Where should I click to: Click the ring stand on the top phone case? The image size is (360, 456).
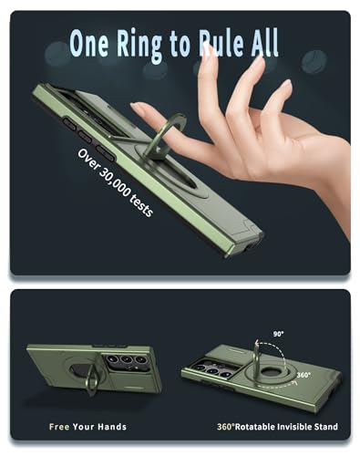[166, 134]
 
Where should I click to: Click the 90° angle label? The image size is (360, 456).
[278, 334]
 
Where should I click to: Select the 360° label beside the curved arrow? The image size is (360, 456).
[303, 375]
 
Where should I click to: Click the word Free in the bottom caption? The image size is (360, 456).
[59, 427]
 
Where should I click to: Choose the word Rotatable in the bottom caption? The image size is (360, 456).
[254, 427]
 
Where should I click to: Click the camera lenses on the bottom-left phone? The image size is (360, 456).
[127, 359]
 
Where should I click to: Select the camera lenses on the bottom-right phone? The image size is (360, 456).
[211, 369]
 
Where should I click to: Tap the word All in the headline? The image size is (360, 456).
[264, 43]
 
